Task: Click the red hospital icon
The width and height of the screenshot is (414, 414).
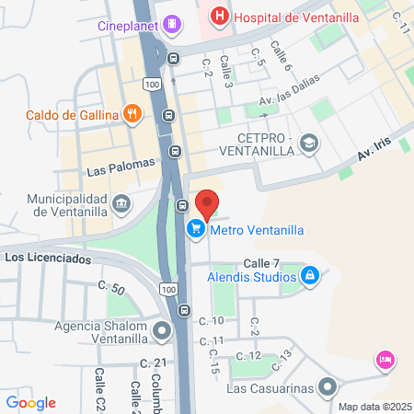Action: pyautogui.click(x=219, y=16)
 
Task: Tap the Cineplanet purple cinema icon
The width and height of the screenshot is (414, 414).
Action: pyautogui.click(x=170, y=24)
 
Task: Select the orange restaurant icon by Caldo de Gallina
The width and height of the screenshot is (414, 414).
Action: pyautogui.click(x=133, y=115)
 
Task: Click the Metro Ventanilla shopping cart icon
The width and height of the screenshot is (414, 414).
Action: pyautogui.click(x=195, y=230)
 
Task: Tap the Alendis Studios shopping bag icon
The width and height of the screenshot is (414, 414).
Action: pyautogui.click(x=311, y=275)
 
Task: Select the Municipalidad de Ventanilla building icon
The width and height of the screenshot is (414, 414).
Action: pyautogui.click(x=121, y=202)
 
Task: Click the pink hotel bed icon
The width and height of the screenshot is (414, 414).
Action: pyautogui.click(x=385, y=359)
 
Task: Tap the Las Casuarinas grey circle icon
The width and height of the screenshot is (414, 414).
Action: pyautogui.click(x=327, y=385)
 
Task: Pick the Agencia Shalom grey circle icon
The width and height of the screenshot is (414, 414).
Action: pyautogui.click(x=163, y=329)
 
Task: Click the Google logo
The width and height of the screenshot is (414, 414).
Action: pyautogui.click(x=30, y=402)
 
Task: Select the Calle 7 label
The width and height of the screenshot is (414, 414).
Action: pyautogui.click(x=261, y=262)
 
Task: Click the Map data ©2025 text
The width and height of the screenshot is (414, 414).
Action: pyautogui.click(x=373, y=407)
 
